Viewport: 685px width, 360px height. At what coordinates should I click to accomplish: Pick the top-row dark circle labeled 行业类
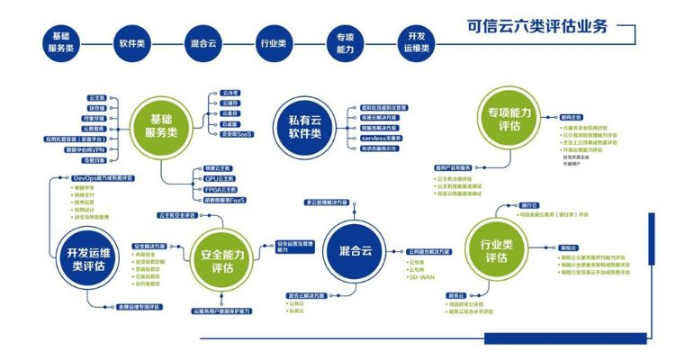click(x=274, y=43)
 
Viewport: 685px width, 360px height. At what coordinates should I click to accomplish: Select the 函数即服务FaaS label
click(x=218, y=201)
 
